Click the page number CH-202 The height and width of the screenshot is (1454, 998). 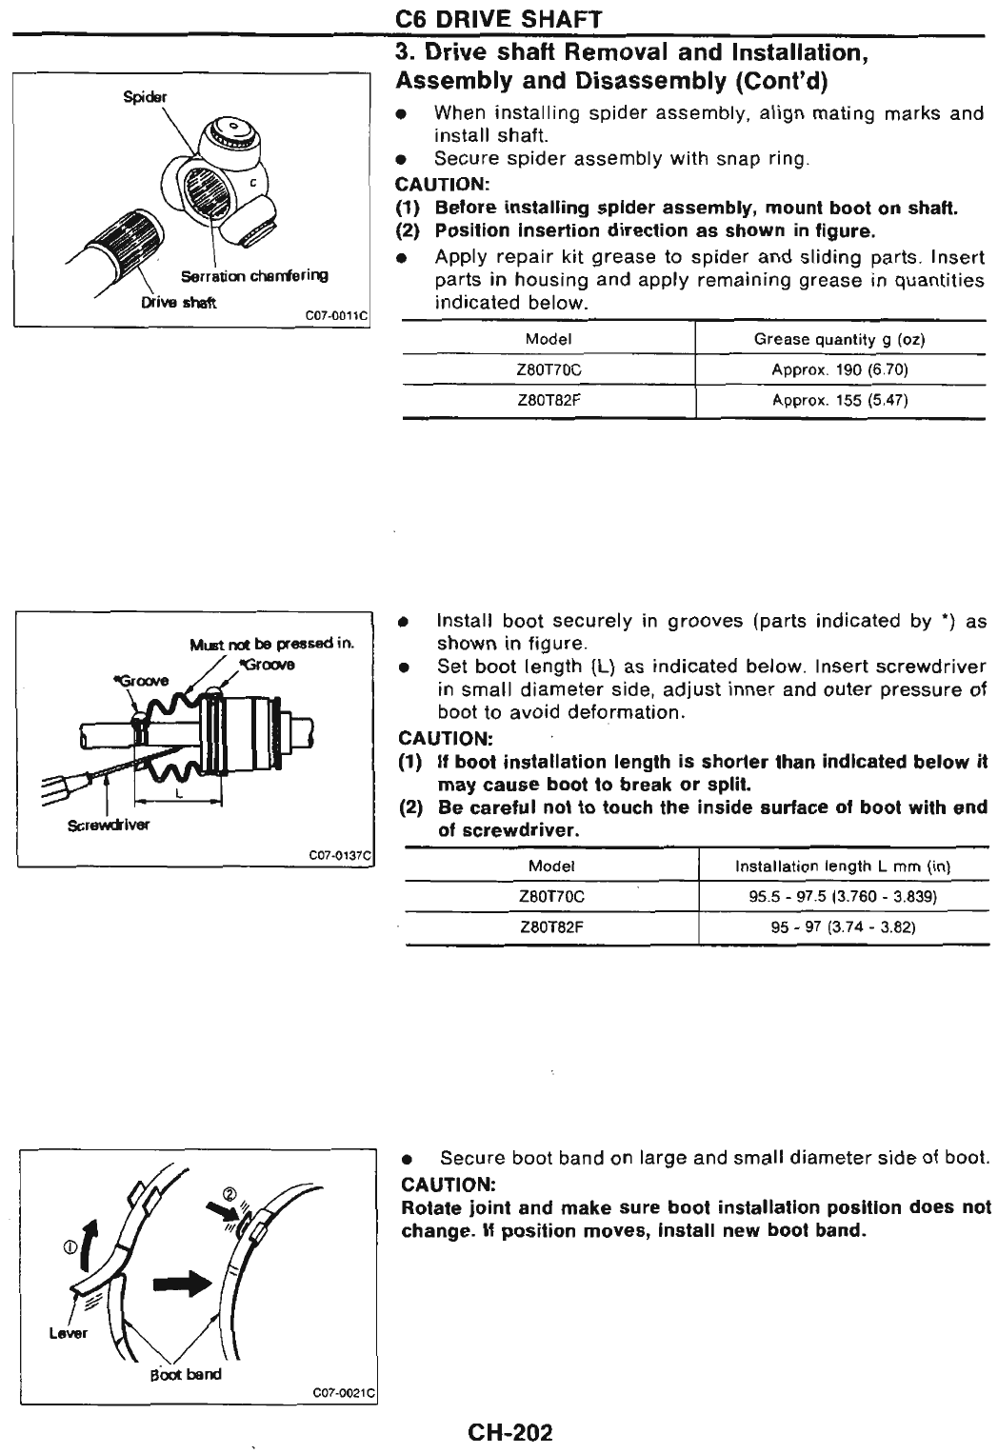point(509,1432)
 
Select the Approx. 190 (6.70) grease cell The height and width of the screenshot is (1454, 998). point(840,369)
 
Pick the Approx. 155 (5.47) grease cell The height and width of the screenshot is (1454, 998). point(840,401)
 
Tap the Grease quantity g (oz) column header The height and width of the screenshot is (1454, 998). point(840,339)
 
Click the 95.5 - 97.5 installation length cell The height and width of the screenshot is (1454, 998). point(844,897)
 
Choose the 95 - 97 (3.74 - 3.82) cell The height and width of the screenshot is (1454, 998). point(844,927)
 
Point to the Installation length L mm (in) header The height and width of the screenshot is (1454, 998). point(844,866)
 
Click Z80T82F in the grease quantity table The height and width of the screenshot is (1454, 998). point(549,401)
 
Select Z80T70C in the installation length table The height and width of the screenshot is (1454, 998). point(551,897)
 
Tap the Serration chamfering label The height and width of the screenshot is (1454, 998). point(254,276)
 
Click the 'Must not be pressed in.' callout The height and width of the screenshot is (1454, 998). point(272,645)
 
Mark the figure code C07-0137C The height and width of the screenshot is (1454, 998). point(341,854)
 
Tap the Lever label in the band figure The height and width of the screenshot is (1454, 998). point(69,1333)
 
